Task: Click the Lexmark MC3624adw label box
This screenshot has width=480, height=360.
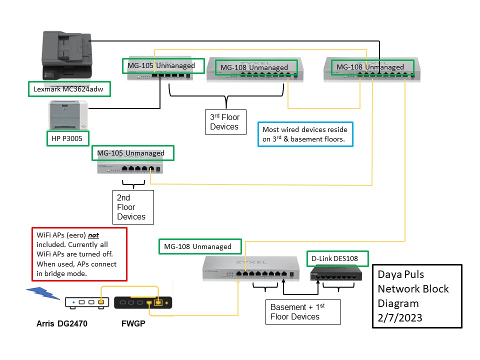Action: (69, 89)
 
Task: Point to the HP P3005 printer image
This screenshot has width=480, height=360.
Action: (68, 114)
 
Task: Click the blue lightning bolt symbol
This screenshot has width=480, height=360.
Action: (42, 294)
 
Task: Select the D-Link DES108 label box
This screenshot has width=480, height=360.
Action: (337, 258)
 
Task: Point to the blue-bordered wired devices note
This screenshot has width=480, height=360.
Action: (305, 134)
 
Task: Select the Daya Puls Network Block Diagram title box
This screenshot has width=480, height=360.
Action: (416, 296)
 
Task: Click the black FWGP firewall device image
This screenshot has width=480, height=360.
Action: (143, 302)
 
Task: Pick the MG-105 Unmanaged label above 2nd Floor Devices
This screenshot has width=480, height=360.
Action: (132, 153)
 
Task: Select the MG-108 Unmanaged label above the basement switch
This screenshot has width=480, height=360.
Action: (200, 246)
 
